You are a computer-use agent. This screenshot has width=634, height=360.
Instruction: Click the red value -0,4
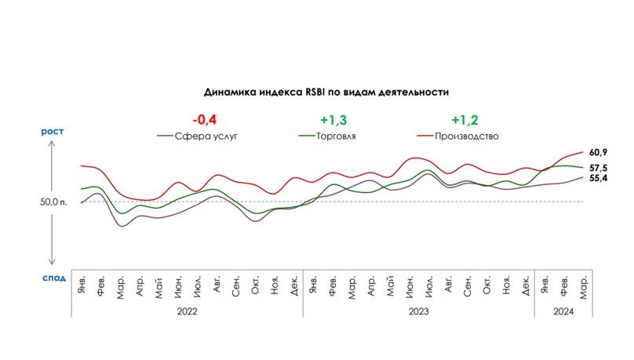click(x=204, y=120)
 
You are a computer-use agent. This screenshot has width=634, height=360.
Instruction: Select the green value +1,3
click(x=333, y=120)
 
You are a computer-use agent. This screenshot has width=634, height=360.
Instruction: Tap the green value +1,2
click(x=464, y=120)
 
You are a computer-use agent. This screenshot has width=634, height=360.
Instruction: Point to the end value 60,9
click(x=599, y=151)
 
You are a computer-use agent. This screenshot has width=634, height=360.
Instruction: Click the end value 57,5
click(x=599, y=168)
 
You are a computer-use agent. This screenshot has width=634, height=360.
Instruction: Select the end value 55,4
click(x=599, y=179)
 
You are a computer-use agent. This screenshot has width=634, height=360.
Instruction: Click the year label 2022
click(x=188, y=311)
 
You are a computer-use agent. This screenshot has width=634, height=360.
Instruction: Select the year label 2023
click(x=418, y=311)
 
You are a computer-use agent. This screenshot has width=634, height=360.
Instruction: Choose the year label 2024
click(x=563, y=311)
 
